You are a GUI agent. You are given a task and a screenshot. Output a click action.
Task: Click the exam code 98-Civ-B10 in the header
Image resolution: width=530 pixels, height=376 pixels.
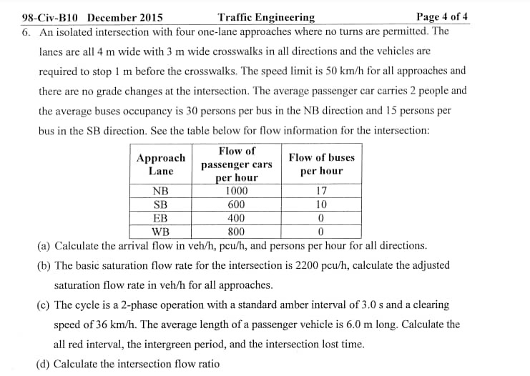click(51, 17)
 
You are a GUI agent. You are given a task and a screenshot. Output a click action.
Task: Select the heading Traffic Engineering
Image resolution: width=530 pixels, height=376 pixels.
click(266, 17)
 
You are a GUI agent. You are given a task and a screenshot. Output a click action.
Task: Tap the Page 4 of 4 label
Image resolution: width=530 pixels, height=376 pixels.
click(442, 17)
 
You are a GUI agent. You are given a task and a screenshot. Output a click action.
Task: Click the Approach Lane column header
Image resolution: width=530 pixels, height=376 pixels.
click(160, 164)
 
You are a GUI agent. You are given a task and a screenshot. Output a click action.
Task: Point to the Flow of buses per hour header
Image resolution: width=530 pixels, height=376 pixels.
click(321, 164)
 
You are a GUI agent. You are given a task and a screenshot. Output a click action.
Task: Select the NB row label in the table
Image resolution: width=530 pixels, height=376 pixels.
click(160, 191)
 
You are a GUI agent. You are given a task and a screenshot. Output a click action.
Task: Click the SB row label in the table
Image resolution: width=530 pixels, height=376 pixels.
click(160, 204)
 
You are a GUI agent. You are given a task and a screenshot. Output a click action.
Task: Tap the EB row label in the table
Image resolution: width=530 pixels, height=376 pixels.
click(160, 218)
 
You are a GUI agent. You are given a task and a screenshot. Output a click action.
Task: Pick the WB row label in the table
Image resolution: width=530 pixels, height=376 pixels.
click(160, 232)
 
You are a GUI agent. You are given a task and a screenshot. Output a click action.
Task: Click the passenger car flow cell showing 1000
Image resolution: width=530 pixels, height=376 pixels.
click(236, 191)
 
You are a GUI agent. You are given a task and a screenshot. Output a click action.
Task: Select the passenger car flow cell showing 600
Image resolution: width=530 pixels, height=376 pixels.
click(236, 204)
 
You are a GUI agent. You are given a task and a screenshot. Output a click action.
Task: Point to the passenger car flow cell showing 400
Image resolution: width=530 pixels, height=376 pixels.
click(236, 218)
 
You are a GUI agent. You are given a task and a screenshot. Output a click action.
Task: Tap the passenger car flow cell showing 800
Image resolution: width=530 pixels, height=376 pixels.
click(236, 232)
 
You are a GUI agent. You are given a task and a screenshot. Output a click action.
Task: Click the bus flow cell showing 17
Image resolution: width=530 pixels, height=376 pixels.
click(321, 191)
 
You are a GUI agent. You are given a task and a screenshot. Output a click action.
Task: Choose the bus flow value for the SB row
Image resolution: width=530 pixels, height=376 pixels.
click(321, 204)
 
